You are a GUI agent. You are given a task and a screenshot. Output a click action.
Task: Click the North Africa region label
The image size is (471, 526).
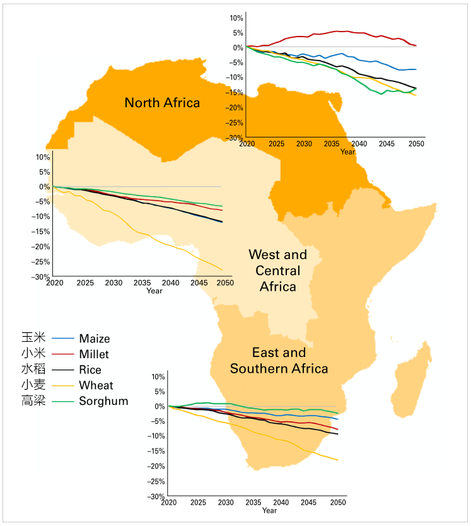[162, 102]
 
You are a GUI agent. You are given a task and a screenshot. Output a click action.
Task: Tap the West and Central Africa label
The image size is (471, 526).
[277, 271]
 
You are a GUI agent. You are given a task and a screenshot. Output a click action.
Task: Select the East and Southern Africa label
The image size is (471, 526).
[279, 360]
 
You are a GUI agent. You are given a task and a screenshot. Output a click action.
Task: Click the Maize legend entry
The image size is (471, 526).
[94, 339]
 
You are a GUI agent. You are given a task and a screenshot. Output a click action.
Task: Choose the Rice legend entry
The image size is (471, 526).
[90, 370]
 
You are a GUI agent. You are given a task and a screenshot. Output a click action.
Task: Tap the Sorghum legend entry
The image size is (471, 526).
[103, 400]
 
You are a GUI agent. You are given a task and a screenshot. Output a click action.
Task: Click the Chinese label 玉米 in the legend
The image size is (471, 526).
[33, 339]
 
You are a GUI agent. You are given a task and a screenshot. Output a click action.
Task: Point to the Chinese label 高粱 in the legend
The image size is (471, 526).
[33, 400]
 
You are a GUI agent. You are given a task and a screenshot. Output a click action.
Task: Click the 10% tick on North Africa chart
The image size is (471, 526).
[235, 18]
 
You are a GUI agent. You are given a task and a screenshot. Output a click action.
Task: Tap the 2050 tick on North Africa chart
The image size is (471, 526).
[416, 144]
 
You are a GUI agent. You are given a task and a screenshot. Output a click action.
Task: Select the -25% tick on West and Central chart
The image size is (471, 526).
[42, 262]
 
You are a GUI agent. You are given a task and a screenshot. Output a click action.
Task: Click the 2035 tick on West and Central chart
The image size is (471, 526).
[142, 283]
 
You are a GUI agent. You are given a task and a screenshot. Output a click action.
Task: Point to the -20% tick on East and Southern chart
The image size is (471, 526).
[157, 466]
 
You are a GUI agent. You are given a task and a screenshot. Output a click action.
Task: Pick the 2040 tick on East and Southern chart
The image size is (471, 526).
[281, 503]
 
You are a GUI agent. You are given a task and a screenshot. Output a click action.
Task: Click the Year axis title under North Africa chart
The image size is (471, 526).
[347, 152]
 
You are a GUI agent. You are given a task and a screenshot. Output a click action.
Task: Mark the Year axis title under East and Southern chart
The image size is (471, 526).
[269, 510]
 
